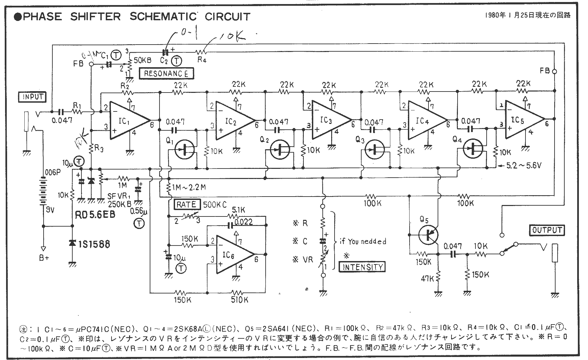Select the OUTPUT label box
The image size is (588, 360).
click(x=547, y=230)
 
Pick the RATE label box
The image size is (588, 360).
click(x=187, y=204)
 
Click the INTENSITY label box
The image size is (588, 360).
click(x=362, y=267)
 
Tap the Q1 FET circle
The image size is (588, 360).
click(x=184, y=150)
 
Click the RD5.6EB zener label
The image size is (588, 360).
click(x=95, y=215)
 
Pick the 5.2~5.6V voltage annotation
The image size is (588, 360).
click(x=522, y=166)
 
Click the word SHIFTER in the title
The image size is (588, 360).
click(x=95, y=17)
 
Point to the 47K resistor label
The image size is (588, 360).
click(x=427, y=279)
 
